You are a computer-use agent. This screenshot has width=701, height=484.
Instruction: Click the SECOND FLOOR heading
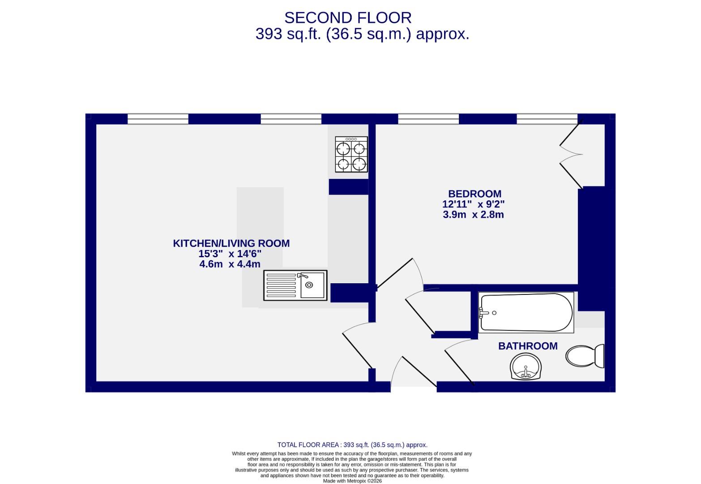[x=348, y=17]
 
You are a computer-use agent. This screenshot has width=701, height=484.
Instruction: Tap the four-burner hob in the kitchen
[x=351, y=155]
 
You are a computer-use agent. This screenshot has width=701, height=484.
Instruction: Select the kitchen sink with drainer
[x=295, y=285]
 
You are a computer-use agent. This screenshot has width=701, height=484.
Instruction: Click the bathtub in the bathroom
[x=526, y=312]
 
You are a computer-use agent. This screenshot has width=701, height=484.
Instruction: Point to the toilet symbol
[x=585, y=356]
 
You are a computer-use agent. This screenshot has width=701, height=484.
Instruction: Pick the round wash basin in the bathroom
[x=526, y=366]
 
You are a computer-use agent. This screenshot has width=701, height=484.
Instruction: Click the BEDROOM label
[x=474, y=194]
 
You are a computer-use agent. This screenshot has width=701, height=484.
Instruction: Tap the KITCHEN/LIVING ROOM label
[x=231, y=243]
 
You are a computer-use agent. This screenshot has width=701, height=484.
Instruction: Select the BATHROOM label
[x=528, y=346]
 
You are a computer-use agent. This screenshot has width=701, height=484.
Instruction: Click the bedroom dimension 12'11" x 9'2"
[x=473, y=204]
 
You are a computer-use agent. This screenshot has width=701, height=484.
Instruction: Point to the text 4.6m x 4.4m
[x=230, y=264]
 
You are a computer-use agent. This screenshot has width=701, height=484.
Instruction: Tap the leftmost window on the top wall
[x=158, y=119]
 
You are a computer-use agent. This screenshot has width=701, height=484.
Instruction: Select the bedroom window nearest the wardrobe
[x=547, y=119]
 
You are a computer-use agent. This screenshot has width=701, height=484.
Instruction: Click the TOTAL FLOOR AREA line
[x=352, y=445]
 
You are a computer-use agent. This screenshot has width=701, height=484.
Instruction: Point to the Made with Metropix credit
[x=352, y=481]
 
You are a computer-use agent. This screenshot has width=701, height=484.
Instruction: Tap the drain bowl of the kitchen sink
[x=309, y=285]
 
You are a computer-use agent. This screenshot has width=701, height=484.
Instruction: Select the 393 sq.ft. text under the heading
[x=288, y=34]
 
